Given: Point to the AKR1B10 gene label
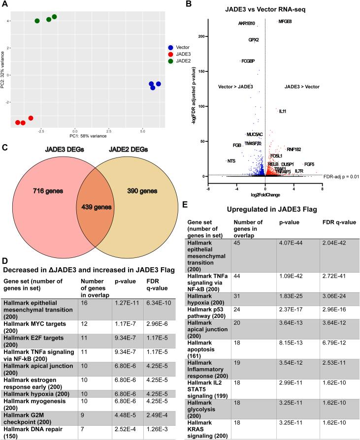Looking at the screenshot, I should coord(247,23).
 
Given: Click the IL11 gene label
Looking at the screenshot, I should coord(283,111).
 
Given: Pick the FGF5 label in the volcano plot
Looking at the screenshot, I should coord(309,164).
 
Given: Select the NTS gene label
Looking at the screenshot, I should coord(231,161).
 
